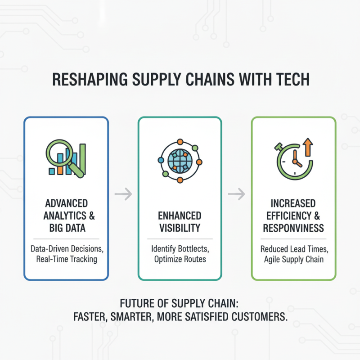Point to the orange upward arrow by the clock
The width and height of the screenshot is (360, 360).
308,147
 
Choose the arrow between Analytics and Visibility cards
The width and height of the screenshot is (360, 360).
123,194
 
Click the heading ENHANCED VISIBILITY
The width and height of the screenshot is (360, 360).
180,221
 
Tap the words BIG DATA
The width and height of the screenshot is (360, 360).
67,228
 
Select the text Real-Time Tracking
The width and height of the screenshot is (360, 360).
66,259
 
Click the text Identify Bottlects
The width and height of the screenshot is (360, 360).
180,249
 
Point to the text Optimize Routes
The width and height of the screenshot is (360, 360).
180,260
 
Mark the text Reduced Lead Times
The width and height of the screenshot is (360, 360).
293,249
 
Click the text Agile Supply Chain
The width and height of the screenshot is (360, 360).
293,260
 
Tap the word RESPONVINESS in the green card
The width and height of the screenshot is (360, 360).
293,228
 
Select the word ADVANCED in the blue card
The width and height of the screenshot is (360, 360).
66,204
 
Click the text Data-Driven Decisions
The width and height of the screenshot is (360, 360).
66,248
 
